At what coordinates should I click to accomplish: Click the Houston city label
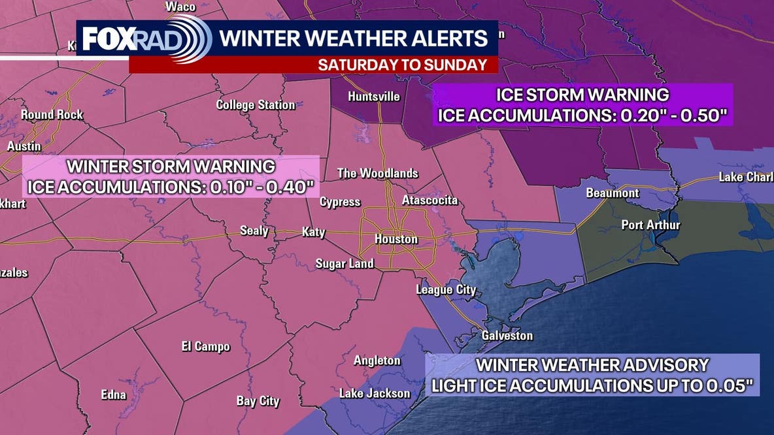(x=395, y=240)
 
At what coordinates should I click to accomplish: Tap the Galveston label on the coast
(x=507, y=336)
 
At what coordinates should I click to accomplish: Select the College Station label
(x=256, y=105)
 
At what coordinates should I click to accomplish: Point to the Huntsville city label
(x=373, y=97)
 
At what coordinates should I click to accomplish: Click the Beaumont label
(x=613, y=193)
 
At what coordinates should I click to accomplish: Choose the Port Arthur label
(x=650, y=225)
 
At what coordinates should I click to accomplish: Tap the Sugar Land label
(x=345, y=264)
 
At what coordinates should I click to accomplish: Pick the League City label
(x=446, y=290)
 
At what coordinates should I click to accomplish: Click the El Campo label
(x=205, y=346)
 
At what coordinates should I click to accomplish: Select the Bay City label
(x=258, y=401)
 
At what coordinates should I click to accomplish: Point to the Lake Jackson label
(x=375, y=393)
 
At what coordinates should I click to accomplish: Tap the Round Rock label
(x=52, y=115)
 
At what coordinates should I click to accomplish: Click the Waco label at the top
(x=180, y=7)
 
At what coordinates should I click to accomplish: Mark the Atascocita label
(x=429, y=200)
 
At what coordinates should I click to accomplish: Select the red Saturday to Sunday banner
(x=314, y=65)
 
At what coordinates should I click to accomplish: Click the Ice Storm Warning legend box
(x=582, y=105)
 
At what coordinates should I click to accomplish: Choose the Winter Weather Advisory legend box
(x=592, y=375)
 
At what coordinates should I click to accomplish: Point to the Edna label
(x=113, y=395)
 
